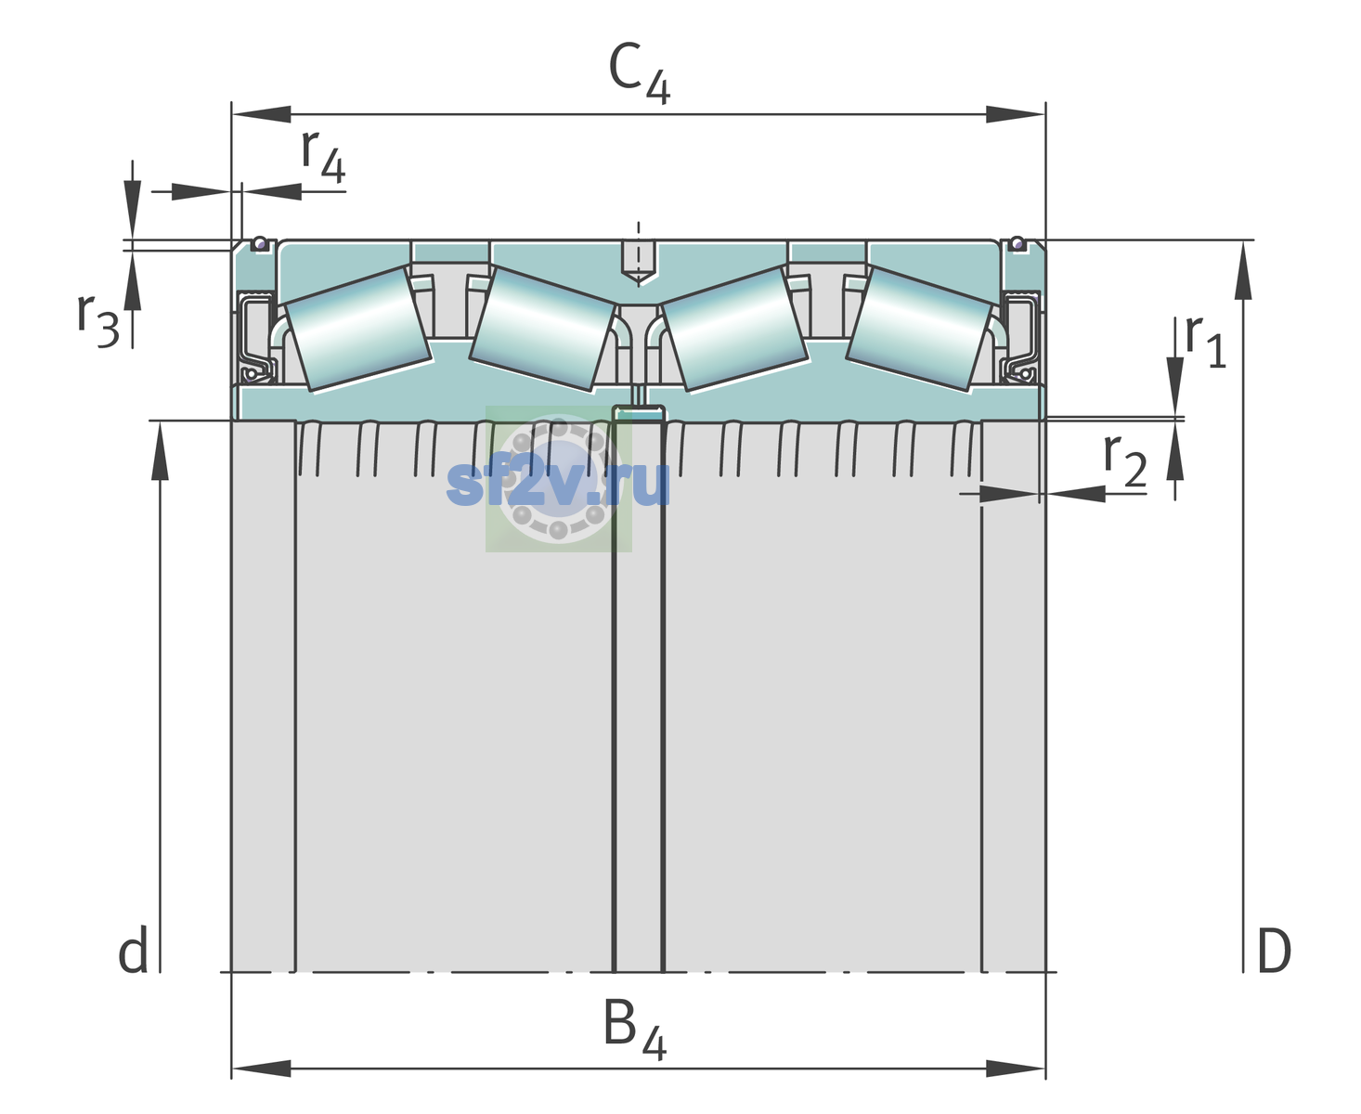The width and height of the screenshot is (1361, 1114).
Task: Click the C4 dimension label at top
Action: tap(639, 72)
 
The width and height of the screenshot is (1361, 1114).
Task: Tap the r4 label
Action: tap(323, 156)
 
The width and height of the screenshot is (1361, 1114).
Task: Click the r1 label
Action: tap(1205, 341)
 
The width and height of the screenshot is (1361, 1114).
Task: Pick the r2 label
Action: tap(1125, 460)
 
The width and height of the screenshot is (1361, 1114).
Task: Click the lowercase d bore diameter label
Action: tap(134, 950)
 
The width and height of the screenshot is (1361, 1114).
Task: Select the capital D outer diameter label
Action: tap(1274, 951)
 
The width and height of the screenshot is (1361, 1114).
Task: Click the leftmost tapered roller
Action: tap(357, 330)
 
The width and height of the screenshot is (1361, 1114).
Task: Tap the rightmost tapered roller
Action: tap(919, 330)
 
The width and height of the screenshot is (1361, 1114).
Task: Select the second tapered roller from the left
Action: tap(542, 330)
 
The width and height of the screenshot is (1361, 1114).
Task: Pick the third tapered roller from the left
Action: tap(735, 330)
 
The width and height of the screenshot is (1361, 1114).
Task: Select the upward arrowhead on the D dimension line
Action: tap(1243, 270)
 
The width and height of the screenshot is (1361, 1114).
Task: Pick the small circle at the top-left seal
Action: tap(259, 243)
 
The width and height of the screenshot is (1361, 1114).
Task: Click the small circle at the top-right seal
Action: tap(1018, 243)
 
